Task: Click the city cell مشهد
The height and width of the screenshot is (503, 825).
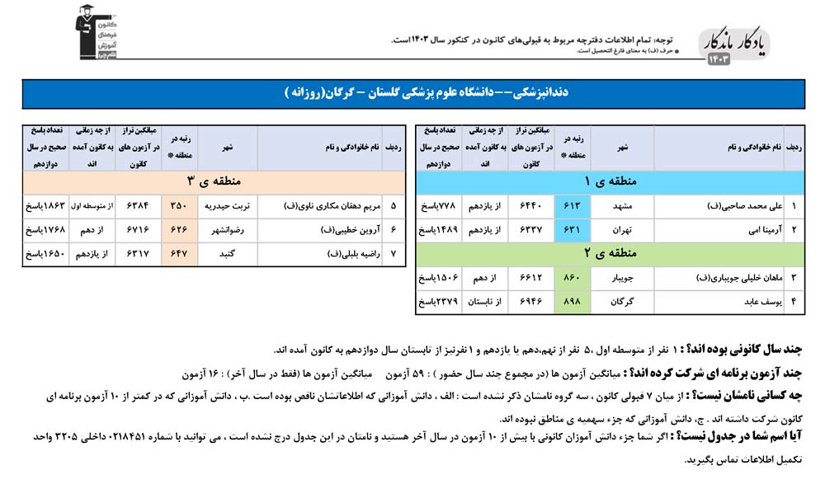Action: coord(621,205)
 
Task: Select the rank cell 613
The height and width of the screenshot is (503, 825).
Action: coord(577,205)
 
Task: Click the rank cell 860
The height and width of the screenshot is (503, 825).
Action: coord(577,278)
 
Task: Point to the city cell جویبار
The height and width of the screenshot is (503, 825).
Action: coord(621,278)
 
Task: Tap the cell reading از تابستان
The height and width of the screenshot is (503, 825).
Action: coord(487,303)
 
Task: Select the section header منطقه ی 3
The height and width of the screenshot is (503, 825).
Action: coord(213,181)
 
